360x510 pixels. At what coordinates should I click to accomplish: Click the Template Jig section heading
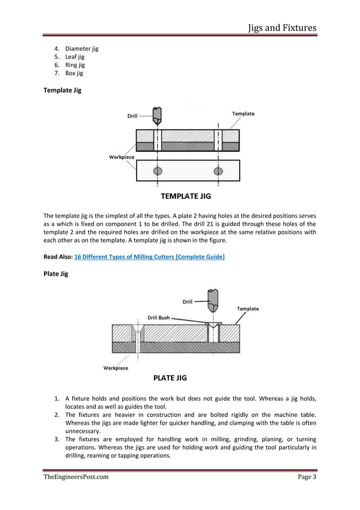coord(62,90)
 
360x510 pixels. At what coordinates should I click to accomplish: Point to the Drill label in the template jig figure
coord(132,116)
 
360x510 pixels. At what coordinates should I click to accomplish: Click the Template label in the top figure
coord(243,114)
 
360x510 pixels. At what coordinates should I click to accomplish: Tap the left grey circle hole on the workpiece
coord(157,171)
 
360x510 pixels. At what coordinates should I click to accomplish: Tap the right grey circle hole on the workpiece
coord(218,171)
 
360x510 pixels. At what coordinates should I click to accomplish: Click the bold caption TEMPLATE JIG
coord(186,197)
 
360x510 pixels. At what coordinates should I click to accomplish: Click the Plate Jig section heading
coord(56,274)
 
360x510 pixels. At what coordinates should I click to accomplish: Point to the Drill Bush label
coord(159,318)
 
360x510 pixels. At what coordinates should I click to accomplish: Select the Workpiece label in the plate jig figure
coord(116,368)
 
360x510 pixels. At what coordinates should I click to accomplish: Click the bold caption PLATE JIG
coord(170,378)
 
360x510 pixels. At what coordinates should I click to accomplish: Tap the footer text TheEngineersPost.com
coord(76,477)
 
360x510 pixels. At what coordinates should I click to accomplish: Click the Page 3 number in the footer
coord(307,477)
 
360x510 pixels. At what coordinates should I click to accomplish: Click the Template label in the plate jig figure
coord(248,309)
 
